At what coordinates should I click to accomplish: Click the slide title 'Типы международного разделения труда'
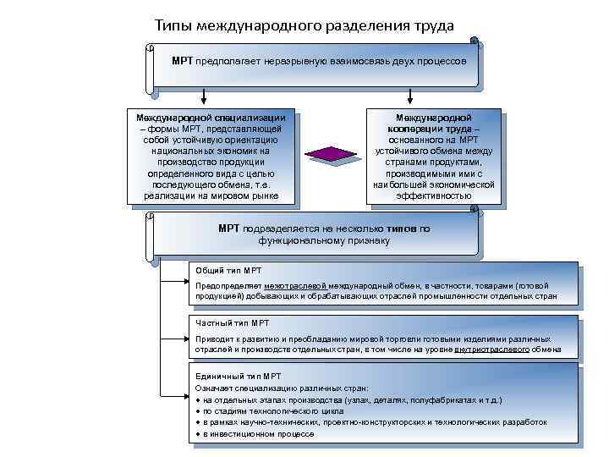[304, 25]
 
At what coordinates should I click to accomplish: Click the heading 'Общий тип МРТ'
[228, 270]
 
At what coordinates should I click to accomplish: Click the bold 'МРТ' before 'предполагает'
[182, 61]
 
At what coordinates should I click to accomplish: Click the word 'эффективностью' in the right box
[433, 195]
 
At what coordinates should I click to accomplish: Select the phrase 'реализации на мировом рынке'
[210, 195]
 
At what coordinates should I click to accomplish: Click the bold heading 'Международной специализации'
[211, 117]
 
